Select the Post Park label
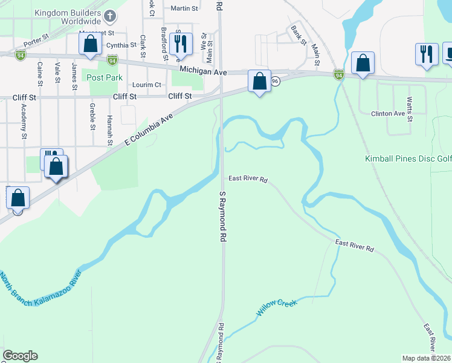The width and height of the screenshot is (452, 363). point(105,77)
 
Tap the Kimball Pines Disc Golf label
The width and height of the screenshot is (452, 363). point(408,159)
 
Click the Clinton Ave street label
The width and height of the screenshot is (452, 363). point(387,113)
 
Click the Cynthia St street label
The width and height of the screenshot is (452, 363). point(121,45)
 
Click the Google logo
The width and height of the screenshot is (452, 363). point(20,356)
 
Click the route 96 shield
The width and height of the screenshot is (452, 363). point(275,81)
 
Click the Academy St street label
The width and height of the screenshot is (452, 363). point(24,128)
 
